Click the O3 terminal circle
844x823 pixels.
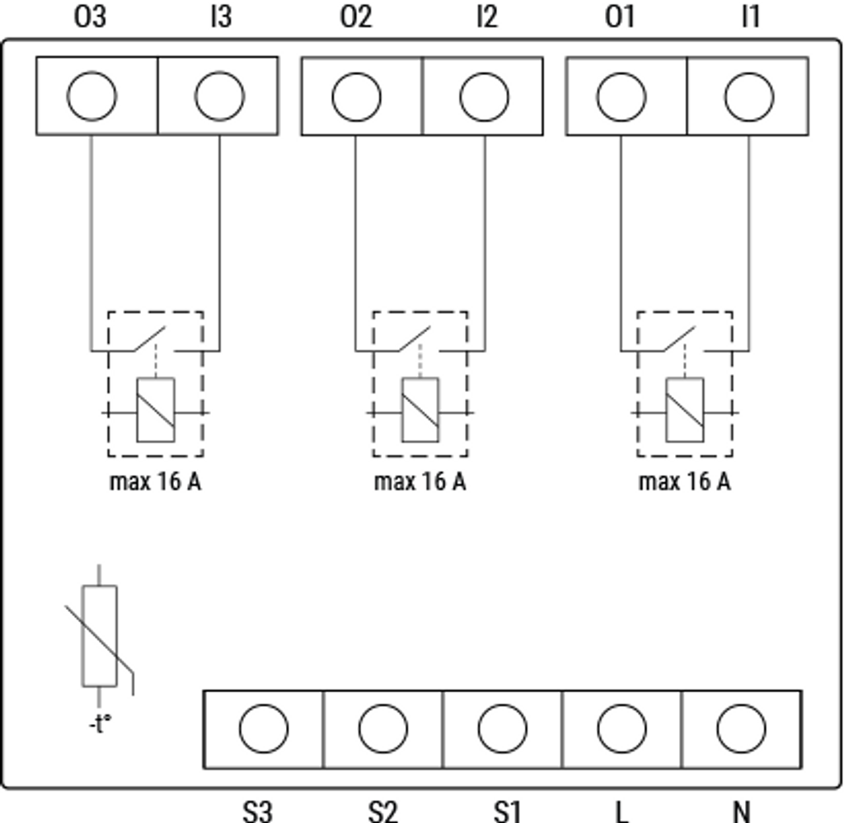[91, 96]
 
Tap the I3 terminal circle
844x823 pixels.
[219, 96]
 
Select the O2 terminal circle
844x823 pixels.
[356, 96]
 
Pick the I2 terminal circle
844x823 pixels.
[485, 96]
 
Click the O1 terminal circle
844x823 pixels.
[621, 96]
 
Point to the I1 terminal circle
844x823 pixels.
[749, 96]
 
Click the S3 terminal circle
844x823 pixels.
[264, 729]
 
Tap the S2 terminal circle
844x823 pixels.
[383, 729]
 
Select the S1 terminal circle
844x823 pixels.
[503, 729]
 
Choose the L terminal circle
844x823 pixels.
[621, 729]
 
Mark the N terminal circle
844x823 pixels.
[741, 729]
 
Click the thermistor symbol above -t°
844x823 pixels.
[100, 635]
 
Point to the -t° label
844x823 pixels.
[100, 725]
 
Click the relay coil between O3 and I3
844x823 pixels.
[155, 410]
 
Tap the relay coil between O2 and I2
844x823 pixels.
[420, 410]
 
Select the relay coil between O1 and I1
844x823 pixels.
[685, 410]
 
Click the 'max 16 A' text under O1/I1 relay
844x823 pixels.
[684, 481]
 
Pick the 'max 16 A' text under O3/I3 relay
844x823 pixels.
[155, 481]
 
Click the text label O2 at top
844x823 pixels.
[356, 17]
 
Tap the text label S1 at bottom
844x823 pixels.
[507, 811]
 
